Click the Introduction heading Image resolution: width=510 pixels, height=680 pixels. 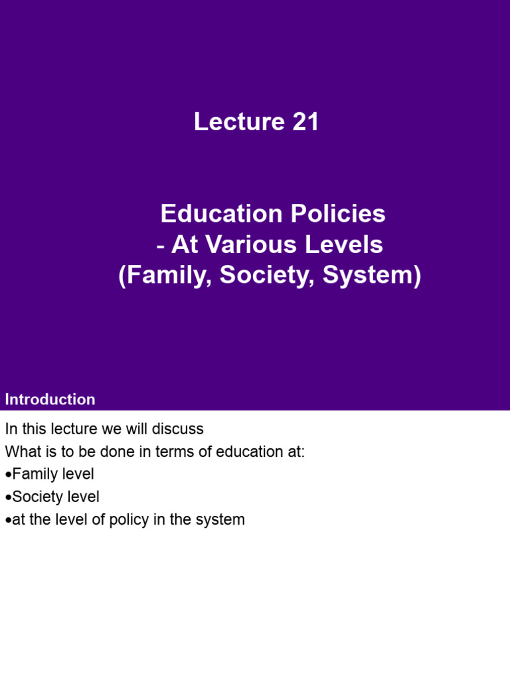[x=50, y=400]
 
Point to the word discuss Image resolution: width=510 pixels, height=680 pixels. [x=179, y=430]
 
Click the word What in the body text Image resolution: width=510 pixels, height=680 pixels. [x=22, y=452]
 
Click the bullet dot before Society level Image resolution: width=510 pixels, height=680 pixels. [x=8, y=497]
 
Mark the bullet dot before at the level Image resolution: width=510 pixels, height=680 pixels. [x=8, y=520]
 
